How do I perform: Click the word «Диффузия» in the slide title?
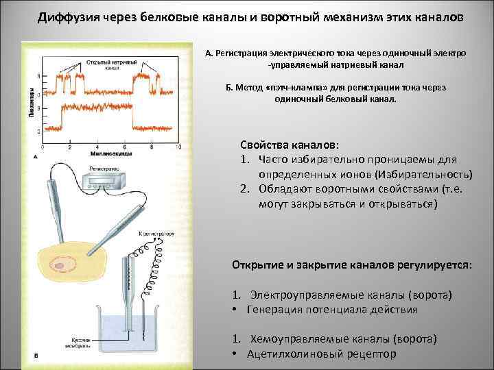pos(67,16)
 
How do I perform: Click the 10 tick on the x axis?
pos(179,147)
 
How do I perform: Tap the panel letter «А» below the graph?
pos(34,157)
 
